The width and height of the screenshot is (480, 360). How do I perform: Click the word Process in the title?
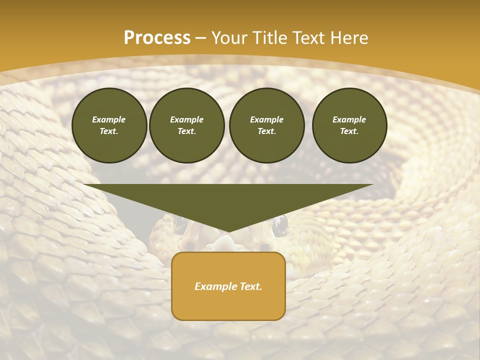pos(157,38)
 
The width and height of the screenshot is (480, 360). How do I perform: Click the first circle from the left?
pos(109,125)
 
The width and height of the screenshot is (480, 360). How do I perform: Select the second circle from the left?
pos(187,125)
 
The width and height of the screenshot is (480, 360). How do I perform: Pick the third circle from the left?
pos(267,125)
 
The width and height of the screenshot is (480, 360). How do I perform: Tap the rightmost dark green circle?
pos(349,125)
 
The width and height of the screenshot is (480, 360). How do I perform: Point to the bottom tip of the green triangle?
pos(228,231)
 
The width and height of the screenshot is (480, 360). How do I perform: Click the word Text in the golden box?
pos(250,286)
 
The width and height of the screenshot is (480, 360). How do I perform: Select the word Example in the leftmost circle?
pos(109,119)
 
